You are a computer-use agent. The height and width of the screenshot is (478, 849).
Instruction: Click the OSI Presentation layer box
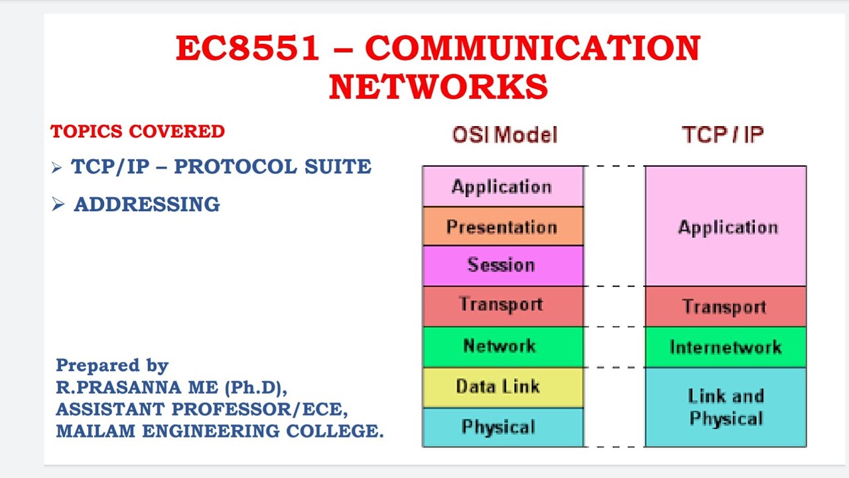pyautogui.click(x=503, y=226)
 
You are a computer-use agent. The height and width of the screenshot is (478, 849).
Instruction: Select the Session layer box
pyautogui.click(x=503, y=266)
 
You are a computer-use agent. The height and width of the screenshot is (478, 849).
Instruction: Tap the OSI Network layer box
pyautogui.click(x=503, y=346)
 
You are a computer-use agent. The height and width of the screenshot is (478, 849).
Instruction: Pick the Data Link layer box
pyautogui.click(x=503, y=387)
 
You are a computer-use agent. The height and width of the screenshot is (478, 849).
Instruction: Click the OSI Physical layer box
pyautogui.click(x=503, y=427)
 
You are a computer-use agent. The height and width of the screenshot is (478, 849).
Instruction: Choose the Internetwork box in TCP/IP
pyautogui.click(x=726, y=347)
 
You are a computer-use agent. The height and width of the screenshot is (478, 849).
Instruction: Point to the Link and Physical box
pyautogui.click(x=726, y=407)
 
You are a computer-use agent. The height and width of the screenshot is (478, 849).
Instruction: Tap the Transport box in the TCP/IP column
pyautogui.click(x=726, y=307)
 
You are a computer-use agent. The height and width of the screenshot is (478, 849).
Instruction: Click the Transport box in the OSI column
pyautogui.click(x=503, y=305)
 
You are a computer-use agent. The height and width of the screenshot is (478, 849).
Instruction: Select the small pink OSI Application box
pyautogui.click(x=503, y=187)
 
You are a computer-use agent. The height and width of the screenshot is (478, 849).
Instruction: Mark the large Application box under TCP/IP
pyautogui.click(x=726, y=227)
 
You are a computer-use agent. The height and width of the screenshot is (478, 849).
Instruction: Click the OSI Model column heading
pyautogui.click(x=504, y=135)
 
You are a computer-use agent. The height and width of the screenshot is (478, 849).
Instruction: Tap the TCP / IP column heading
pyautogui.click(x=722, y=135)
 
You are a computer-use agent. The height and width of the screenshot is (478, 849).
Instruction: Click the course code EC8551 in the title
pyautogui.click(x=248, y=48)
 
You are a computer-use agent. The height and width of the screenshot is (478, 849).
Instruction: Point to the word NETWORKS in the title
pyautogui.click(x=438, y=87)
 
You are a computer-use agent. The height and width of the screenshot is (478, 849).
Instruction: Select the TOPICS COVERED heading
pyautogui.click(x=137, y=131)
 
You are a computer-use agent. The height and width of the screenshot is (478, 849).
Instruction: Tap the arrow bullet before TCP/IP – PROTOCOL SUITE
pyautogui.click(x=56, y=168)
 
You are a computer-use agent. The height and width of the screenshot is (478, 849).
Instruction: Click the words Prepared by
pyautogui.click(x=112, y=365)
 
